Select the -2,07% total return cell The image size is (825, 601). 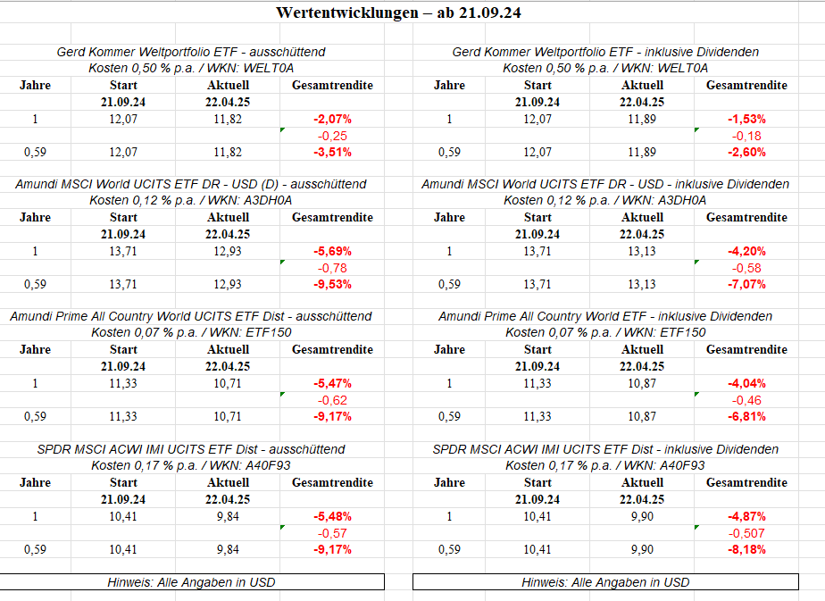pos(332,119)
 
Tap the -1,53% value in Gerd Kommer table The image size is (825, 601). pos(746,119)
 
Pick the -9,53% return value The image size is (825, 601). pos(332,285)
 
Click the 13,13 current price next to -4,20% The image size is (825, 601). pos(642,251)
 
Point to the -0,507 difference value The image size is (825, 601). pos(746,533)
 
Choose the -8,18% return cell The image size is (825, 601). pos(746,550)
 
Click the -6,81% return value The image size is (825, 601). pos(746,417)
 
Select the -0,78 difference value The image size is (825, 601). pos(332,268)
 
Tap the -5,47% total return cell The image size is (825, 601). pos(332,383)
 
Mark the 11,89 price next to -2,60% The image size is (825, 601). pos(642,152)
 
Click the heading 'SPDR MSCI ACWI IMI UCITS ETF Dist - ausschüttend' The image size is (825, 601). pos(191,449)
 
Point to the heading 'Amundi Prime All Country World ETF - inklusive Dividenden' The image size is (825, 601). pos(605,316)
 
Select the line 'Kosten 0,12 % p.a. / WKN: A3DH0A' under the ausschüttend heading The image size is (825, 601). pos(191,200)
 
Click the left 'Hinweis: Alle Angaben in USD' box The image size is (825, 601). pos(191,582)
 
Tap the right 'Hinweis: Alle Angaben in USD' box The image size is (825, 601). pos(605,582)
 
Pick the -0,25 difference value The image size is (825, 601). pos(332,136)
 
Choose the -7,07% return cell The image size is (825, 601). pos(746,285)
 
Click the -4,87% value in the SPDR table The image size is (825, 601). pos(746,516)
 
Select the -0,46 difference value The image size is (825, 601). pos(746,400)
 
